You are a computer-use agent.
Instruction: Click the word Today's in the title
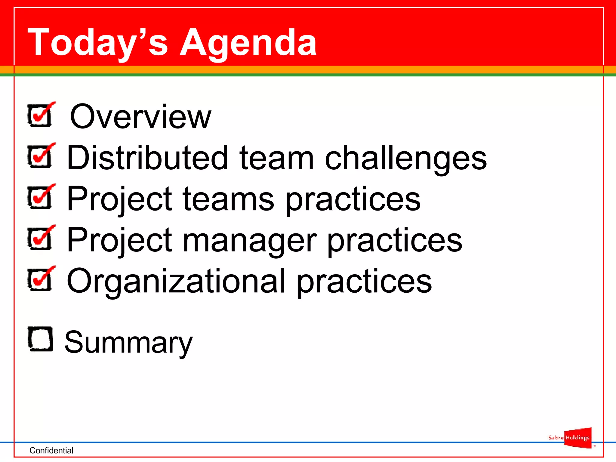point(98,43)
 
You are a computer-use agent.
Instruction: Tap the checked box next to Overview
point(40,115)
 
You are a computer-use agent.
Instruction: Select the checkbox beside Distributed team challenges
point(40,156)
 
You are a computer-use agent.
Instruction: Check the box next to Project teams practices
point(40,197)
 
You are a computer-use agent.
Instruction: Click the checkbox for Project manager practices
point(40,239)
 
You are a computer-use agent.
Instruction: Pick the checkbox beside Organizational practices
point(40,279)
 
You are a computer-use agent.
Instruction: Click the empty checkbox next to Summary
point(40,339)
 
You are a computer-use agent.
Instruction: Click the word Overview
point(140,117)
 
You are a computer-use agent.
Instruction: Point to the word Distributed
point(147,158)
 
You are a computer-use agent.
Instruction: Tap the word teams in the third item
point(228,199)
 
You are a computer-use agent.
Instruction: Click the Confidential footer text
point(51,450)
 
